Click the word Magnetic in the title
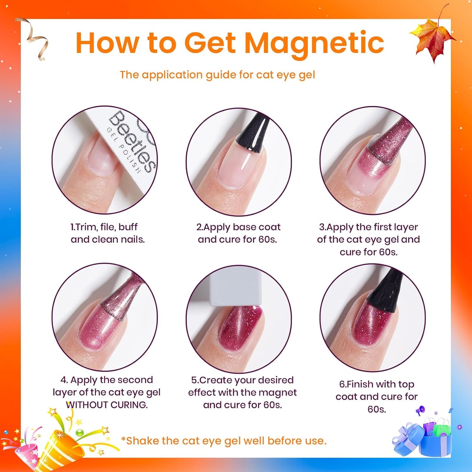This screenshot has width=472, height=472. (314, 43)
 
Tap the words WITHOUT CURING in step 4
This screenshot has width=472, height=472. (107, 405)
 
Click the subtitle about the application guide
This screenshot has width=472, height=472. (217, 75)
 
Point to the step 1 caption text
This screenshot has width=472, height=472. (107, 233)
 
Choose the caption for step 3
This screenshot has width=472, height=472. (368, 239)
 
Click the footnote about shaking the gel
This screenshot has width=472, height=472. (224, 441)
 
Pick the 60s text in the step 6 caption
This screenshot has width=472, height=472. (377, 409)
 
